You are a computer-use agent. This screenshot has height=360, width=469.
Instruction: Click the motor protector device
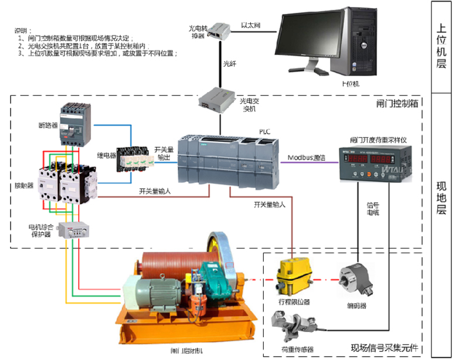(74, 230)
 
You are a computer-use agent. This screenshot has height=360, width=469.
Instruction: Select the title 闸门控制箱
(397, 103)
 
